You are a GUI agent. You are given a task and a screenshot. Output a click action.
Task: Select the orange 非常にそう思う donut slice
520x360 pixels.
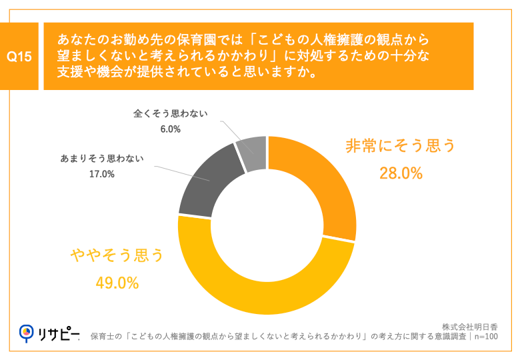321,180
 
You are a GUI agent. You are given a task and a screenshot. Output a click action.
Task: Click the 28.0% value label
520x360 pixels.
401,174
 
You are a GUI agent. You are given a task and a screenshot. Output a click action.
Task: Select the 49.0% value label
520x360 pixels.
117,283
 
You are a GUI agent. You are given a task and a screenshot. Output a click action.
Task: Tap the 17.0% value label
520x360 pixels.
101,174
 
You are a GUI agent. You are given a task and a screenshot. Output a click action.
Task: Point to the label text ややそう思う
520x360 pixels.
117,255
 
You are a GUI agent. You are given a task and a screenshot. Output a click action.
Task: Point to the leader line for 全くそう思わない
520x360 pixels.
231,132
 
